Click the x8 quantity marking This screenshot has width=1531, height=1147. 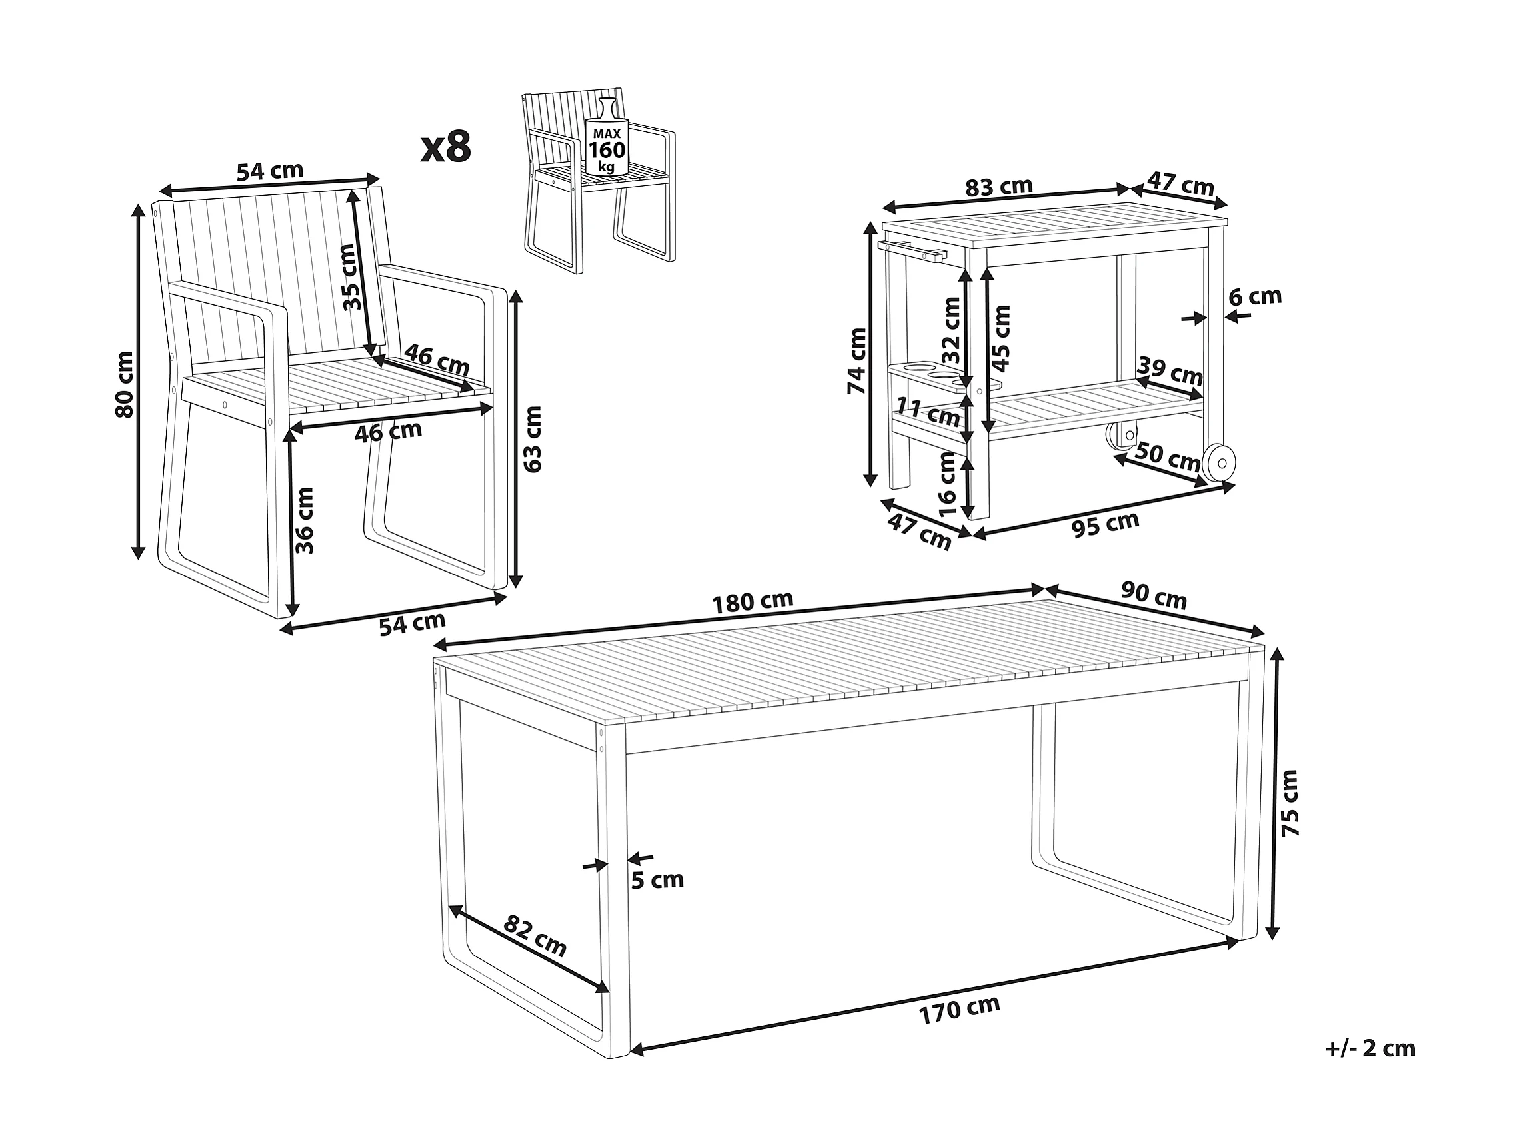click(446, 147)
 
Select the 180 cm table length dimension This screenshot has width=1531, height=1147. click(753, 601)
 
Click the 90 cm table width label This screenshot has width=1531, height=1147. click(1154, 597)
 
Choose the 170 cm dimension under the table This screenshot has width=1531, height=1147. click(959, 1008)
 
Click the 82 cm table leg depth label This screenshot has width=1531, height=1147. click(535, 935)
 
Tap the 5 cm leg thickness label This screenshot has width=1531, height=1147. click(658, 879)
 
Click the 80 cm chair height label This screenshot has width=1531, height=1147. click(125, 384)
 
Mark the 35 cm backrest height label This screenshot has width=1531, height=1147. click(353, 277)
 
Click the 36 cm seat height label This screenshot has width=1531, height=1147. click(305, 520)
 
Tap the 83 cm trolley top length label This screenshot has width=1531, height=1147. click(998, 187)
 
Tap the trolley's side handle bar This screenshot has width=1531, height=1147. click(912, 250)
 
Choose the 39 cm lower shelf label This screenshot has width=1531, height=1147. click(1170, 372)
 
